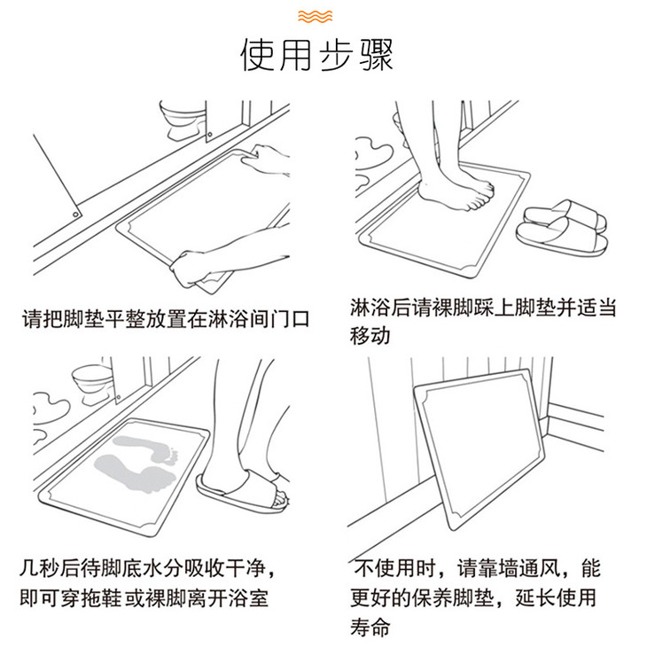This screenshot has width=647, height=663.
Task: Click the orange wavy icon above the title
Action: click(315, 16)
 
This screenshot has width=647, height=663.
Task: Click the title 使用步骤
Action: click(317, 55)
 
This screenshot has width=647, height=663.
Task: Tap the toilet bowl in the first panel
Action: click(183, 120)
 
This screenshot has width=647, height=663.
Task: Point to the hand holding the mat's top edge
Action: click(267, 160)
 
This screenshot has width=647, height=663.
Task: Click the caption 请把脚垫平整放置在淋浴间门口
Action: click(166, 318)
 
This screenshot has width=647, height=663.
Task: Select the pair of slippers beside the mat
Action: click(563, 228)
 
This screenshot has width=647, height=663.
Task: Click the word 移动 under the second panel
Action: click(370, 336)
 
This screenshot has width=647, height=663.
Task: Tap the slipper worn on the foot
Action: click(242, 492)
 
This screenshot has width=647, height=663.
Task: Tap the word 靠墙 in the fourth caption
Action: click(498, 568)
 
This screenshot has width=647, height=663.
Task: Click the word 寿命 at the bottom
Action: click(370, 627)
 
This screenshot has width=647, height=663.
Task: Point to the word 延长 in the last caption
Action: click(535, 597)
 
